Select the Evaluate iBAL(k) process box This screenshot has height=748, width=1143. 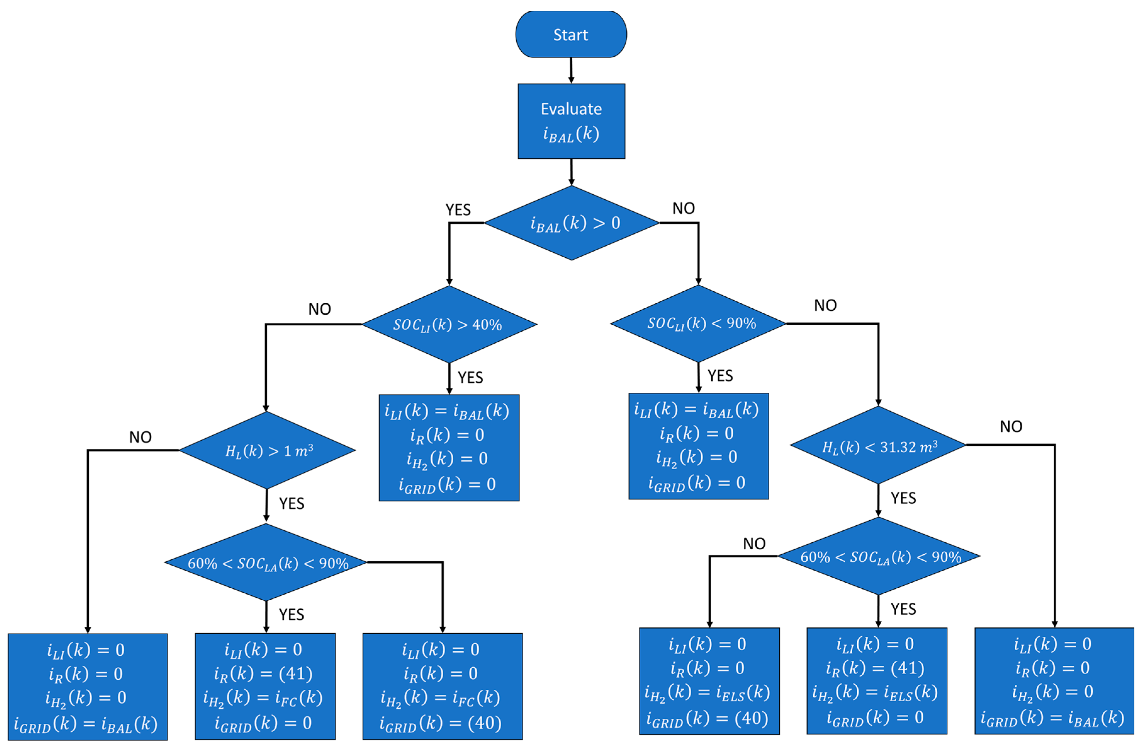coord(571,121)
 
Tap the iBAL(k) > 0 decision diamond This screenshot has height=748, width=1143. coord(571,223)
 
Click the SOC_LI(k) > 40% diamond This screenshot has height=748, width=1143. coord(449,324)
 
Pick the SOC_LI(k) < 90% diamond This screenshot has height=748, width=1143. coord(698,323)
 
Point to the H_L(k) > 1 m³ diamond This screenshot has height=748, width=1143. coord(267,450)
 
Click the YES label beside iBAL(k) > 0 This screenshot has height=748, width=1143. coord(458,209)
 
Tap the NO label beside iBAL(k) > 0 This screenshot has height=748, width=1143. coord(683,208)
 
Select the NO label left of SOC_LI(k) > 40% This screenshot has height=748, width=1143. coord(319,309)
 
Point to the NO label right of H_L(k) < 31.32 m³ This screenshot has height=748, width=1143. coord(1011,426)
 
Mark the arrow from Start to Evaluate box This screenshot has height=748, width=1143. coord(571,71)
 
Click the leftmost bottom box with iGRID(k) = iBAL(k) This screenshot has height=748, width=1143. coord(87,687)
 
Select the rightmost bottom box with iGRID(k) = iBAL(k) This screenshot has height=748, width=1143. coord(1054,681)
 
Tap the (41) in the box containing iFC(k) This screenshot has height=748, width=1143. coord(295,673)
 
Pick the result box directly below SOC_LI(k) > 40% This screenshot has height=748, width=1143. coord(449,448)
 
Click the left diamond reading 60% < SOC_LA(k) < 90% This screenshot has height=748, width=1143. coord(266,562)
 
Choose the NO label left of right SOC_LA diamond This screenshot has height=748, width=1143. coord(754,544)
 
